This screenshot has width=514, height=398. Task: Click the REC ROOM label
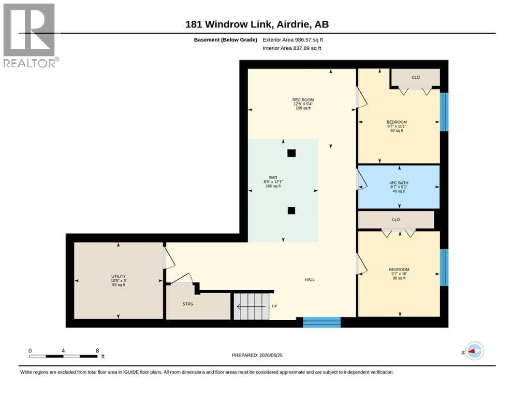tap(303, 99)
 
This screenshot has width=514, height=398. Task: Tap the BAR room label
tap(273, 178)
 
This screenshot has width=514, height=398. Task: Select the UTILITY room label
tap(119, 276)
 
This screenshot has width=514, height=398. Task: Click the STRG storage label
tap(188, 304)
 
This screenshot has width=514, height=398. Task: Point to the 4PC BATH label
tap(399, 183)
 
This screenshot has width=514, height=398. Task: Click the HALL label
tap(310, 280)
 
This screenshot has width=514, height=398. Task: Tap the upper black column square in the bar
tap(291, 153)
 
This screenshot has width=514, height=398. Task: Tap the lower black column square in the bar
tap(291, 210)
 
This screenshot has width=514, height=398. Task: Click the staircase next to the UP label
tap(251, 306)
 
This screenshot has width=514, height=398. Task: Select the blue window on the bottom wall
tap(322, 322)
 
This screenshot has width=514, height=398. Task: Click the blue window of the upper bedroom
tap(444, 112)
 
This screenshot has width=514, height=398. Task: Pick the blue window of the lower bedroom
tap(444, 267)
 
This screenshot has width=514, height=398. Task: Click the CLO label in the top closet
tap(416, 77)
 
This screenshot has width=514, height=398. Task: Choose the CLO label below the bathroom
tap(395, 220)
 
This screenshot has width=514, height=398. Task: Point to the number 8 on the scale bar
tap(97, 351)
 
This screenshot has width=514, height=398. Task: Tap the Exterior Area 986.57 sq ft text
tap(293, 40)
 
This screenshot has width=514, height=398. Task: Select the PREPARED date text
tap(257, 355)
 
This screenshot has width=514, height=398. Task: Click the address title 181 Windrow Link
tap(228, 24)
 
